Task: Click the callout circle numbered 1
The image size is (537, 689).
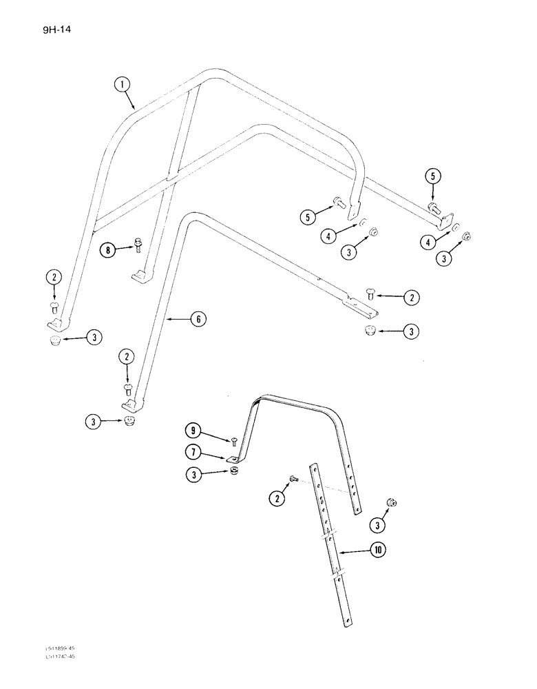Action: [122, 86]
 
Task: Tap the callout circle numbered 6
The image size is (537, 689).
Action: [198, 318]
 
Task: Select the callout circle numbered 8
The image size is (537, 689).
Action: [107, 250]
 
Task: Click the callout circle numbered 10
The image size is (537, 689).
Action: [379, 550]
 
